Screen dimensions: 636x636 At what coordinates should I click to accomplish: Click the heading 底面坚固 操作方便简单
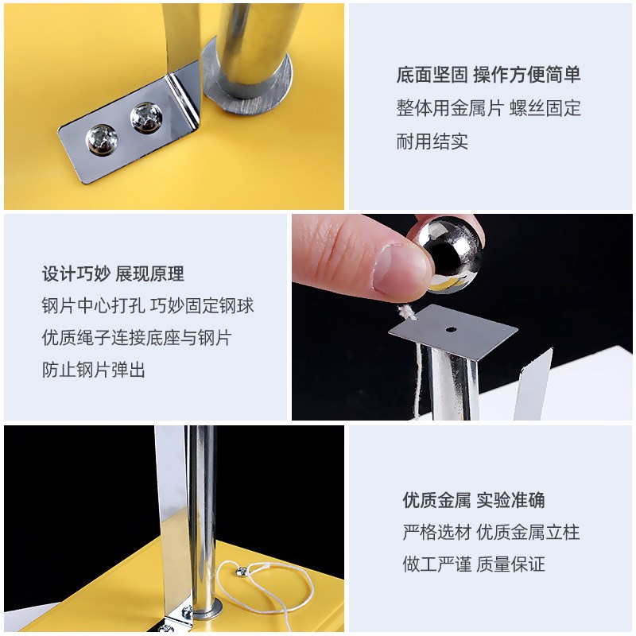488,76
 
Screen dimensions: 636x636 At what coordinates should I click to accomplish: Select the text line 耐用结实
432,142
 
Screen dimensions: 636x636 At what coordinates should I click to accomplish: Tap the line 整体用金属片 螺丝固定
488,108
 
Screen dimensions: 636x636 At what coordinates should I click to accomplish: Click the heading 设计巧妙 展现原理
113,274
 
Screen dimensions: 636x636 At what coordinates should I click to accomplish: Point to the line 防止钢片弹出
94,370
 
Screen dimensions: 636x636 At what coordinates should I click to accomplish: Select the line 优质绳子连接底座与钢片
136,338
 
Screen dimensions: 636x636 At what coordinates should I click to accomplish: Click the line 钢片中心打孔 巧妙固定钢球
148,306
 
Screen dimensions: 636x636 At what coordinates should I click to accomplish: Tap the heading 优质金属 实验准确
473,501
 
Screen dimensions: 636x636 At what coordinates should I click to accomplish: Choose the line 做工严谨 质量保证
473,564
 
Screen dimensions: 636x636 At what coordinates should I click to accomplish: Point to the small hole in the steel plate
450,328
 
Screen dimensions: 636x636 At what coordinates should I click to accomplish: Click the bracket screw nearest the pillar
146,117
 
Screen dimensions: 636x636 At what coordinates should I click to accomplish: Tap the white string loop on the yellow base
266,584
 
